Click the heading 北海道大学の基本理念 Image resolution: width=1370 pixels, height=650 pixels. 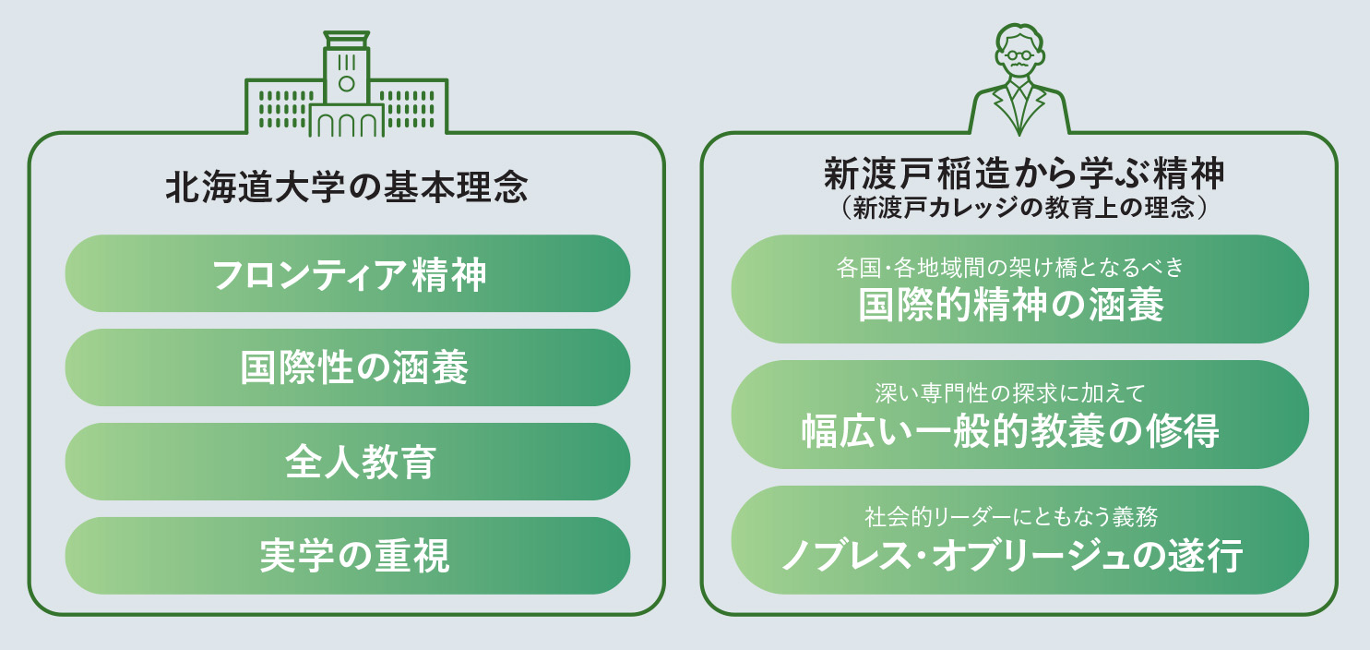pyautogui.click(x=346, y=187)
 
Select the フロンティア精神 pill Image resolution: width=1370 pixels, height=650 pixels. pyautogui.click(x=348, y=273)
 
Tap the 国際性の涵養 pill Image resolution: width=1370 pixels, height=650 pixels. pyautogui.click(x=348, y=367)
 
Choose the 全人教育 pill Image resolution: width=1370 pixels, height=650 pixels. pyautogui.click(x=348, y=462)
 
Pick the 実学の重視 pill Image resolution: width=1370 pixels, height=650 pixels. pyautogui.click(x=348, y=556)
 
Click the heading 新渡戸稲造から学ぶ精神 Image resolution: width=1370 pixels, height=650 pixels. pyautogui.click(x=1023, y=174)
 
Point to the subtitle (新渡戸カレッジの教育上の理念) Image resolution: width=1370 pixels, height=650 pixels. pyautogui.click(x=1023, y=208)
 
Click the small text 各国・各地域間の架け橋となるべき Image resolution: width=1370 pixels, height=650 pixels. pyautogui.click(x=1010, y=268)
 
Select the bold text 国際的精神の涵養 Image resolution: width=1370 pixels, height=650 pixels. pyautogui.click(x=1010, y=305)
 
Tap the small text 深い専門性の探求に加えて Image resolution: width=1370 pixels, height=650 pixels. pyautogui.click(x=1010, y=393)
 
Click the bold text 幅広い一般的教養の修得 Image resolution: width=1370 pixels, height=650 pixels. pyautogui.click(x=1010, y=431)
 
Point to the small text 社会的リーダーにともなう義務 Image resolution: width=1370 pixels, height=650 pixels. pyautogui.click(x=1011, y=517)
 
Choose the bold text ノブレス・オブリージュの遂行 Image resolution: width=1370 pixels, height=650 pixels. pyautogui.click(x=1012, y=556)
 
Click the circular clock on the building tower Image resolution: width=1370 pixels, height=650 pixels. pyautogui.click(x=346, y=84)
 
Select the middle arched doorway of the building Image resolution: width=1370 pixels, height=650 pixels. pyautogui.click(x=346, y=126)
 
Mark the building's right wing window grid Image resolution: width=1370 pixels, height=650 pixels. pyautogui.click(x=407, y=109)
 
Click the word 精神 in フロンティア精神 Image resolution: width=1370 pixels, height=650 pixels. pyautogui.click(x=449, y=274)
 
